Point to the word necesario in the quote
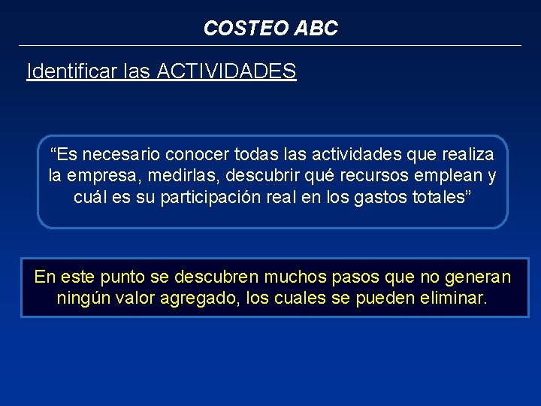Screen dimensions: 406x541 pyautogui.click(x=119, y=155)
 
